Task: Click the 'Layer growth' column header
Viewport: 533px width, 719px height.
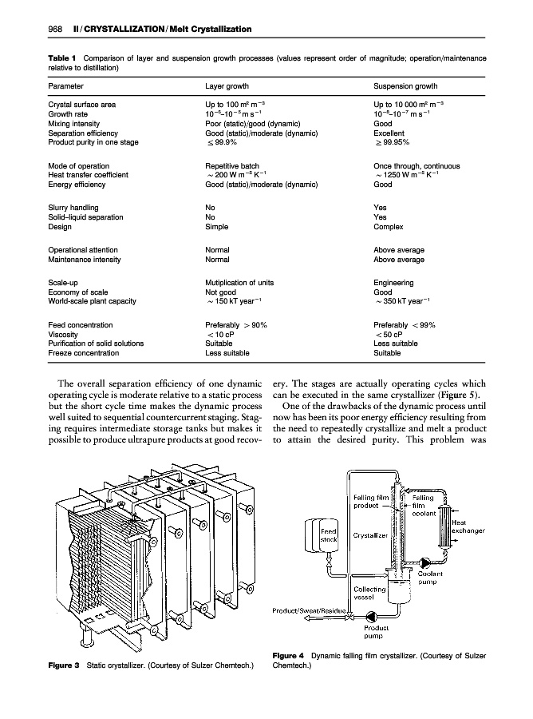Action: pos(227,86)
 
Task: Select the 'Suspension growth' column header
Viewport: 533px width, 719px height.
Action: pos(405,86)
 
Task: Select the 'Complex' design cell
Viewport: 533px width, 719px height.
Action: pos(389,226)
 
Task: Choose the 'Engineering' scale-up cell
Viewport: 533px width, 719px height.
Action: pos(393,283)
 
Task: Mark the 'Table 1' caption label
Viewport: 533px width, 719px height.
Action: pos(61,59)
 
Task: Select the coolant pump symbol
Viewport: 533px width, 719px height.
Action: pos(423,562)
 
